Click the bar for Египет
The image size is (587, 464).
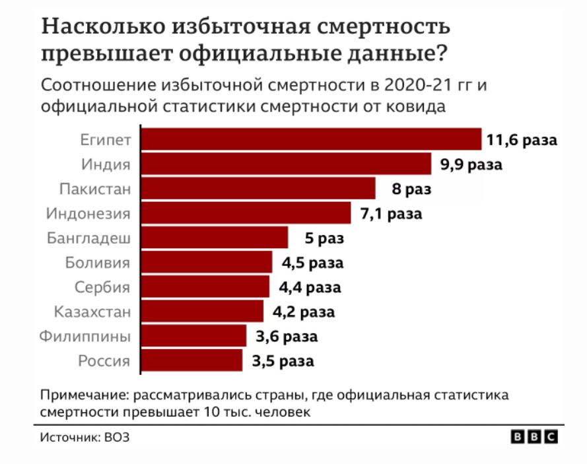[312, 140]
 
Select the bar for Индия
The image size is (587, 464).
[287, 164]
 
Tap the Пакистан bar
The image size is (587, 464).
[259, 189]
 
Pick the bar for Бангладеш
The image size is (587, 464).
[215, 238]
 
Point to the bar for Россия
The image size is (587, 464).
[192, 360]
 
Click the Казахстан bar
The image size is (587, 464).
[203, 311]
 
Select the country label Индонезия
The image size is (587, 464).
[88, 213]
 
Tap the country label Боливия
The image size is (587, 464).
[98, 262]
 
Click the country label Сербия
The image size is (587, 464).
[102, 287]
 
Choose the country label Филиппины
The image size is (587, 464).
[85, 336]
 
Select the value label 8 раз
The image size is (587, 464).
[411, 189]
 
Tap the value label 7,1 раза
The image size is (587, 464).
[391, 214]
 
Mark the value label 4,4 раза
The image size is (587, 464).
[310, 287]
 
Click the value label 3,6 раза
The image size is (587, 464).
[287, 337]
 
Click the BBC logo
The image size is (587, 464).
[535, 437]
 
